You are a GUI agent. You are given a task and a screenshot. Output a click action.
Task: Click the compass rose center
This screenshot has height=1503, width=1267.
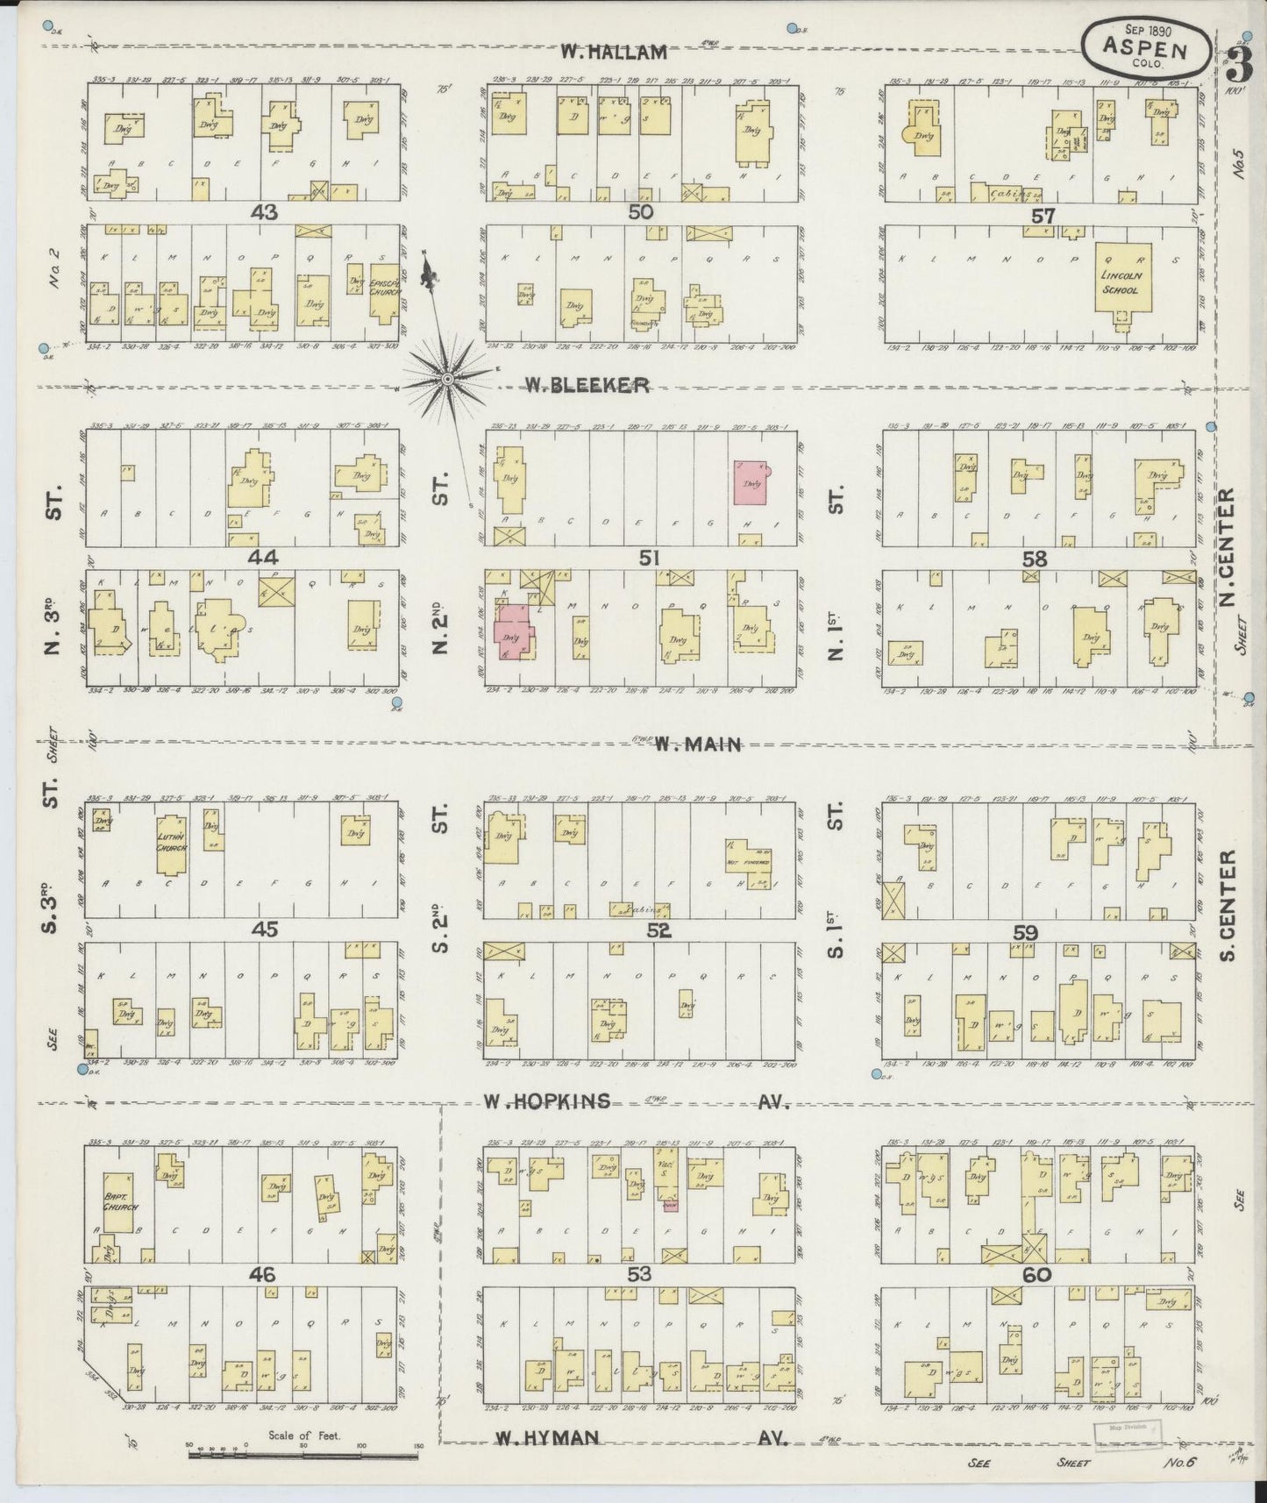[x=447, y=379]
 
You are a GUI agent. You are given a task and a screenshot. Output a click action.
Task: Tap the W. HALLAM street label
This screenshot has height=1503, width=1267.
[x=615, y=53]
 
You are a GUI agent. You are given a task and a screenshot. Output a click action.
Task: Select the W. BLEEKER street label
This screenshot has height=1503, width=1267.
[x=587, y=384]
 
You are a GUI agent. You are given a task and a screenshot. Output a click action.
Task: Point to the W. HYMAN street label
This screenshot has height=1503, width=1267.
[x=547, y=1437]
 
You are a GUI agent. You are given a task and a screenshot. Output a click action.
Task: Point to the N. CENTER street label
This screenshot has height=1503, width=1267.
[x=1227, y=546]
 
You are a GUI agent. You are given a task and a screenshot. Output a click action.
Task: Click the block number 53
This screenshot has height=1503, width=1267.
[x=639, y=1273]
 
